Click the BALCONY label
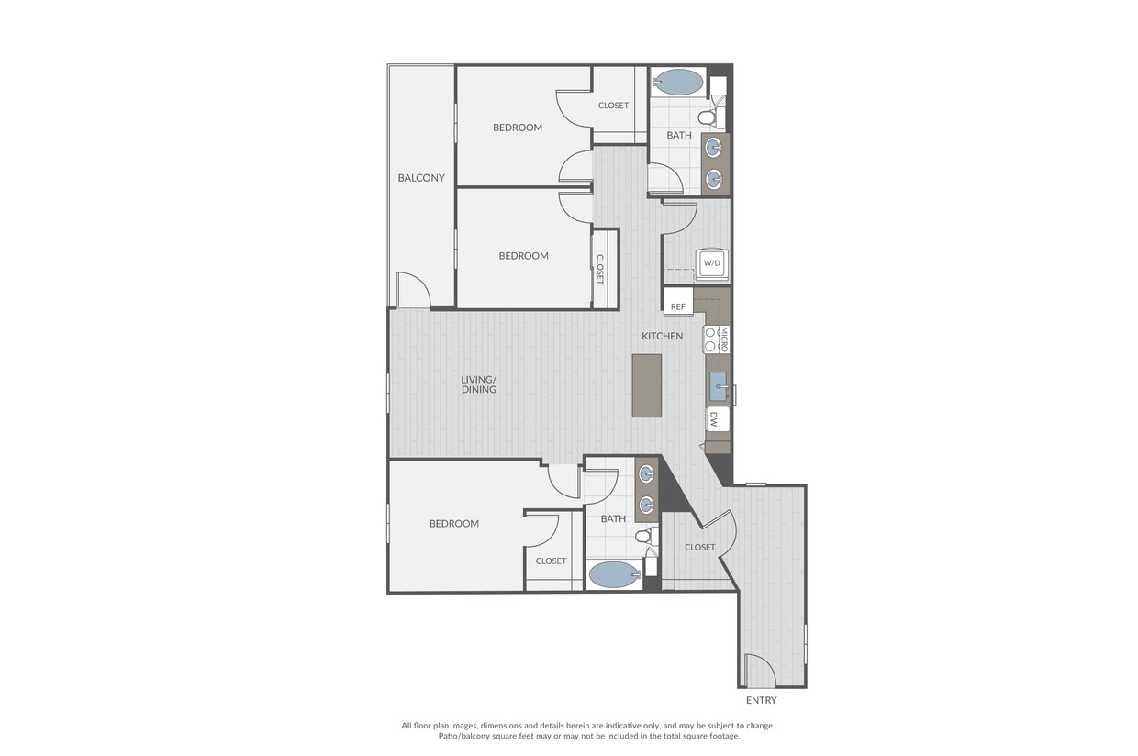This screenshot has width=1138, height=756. (x=420, y=178)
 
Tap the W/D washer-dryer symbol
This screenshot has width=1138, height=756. (x=711, y=263)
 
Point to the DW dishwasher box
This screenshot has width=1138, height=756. (x=717, y=419)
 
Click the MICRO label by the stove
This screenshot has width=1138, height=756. (x=724, y=339)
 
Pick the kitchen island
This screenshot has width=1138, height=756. (x=647, y=385)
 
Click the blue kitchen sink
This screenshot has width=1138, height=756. (x=718, y=386)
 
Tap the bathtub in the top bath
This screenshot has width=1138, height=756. (x=677, y=82)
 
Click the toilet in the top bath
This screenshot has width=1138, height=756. (x=712, y=117)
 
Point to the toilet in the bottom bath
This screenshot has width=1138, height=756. (x=647, y=536)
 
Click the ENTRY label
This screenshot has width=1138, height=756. (x=761, y=700)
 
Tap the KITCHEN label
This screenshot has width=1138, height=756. (x=662, y=336)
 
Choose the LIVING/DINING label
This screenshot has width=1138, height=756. (x=478, y=384)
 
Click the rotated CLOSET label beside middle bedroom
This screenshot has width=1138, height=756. (x=599, y=269)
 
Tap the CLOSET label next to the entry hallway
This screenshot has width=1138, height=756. (x=699, y=548)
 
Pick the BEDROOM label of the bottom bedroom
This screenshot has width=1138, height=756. (x=454, y=524)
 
